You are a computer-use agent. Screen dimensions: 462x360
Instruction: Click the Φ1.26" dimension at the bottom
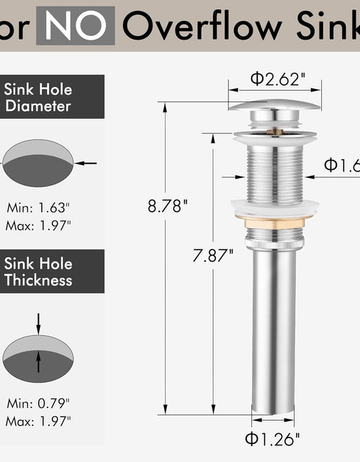pos(273,437)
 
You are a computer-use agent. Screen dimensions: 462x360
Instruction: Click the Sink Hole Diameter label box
pos(40,98)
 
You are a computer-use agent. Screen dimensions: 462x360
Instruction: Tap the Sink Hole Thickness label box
pos(40,271)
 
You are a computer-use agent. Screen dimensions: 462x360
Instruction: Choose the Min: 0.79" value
pos(40,403)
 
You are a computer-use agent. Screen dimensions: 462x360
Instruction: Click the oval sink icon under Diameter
pos(38,164)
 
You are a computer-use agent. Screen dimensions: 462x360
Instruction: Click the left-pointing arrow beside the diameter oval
pos(87,164)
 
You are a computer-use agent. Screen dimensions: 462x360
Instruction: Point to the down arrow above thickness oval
pos(38,321)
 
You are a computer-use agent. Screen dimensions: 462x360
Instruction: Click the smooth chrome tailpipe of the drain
pos(274,324)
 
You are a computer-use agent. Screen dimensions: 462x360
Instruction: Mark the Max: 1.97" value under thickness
pos(40,420)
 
